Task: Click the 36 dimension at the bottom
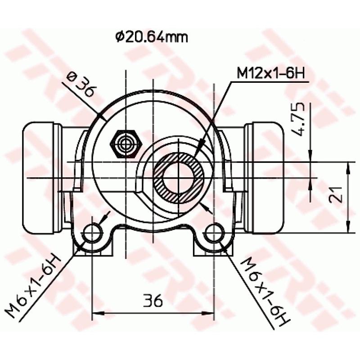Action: [152, 300]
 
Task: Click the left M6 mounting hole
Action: [92, 232]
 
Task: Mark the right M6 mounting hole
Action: [213, 232]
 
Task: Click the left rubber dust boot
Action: [40, 178]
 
